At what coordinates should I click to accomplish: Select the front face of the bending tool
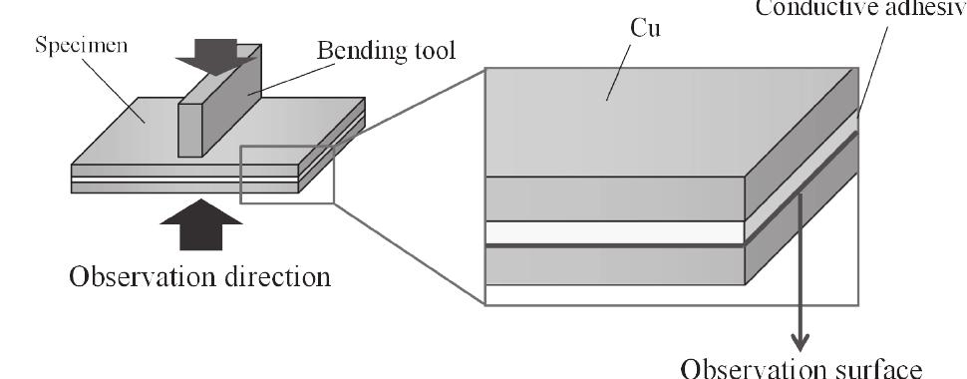pos(191,126)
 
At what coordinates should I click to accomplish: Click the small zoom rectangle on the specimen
pos(287,175)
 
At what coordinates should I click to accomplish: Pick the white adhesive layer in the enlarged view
pos(613,232)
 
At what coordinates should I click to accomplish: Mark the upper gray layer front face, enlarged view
pos(613,198)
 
